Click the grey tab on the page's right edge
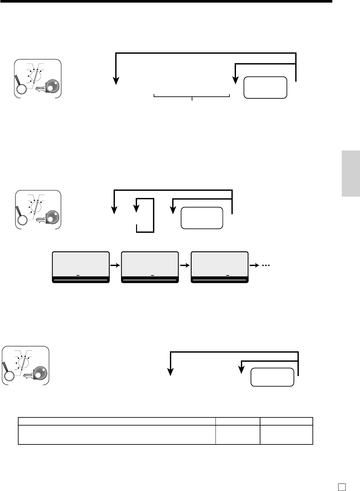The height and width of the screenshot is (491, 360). coord(351,173)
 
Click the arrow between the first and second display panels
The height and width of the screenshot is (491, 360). coord(115,265)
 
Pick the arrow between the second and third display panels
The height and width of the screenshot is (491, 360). coord(185,265)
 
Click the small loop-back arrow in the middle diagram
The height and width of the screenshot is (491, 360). coord(145,215)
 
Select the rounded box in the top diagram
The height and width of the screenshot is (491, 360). coord(265,87)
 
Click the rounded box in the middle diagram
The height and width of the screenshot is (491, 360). coord(202,217)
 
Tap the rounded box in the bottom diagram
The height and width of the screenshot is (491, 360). coord(272,377)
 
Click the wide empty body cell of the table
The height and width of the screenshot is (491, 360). coord(117,435)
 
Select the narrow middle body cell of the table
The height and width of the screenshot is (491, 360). coord(238,435)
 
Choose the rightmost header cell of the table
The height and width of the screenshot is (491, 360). coord(286,421)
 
